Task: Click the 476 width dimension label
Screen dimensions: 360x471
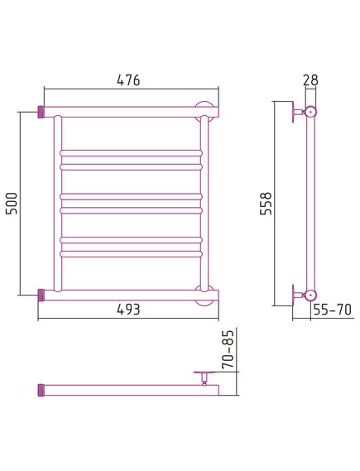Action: (128, 80)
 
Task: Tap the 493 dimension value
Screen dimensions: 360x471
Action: (128, 309)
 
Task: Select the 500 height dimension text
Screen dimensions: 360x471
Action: (12, 203)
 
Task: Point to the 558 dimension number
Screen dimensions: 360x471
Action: (266, 204)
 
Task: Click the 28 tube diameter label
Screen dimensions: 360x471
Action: (310, 80)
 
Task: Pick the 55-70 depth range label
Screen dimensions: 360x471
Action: (332, 310)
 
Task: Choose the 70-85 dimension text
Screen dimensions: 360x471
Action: (228, 349)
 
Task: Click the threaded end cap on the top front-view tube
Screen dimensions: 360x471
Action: (41, 112)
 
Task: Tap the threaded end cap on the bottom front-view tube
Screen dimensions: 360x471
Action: (41, 295)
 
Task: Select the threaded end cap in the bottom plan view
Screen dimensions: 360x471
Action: (41, 390)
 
